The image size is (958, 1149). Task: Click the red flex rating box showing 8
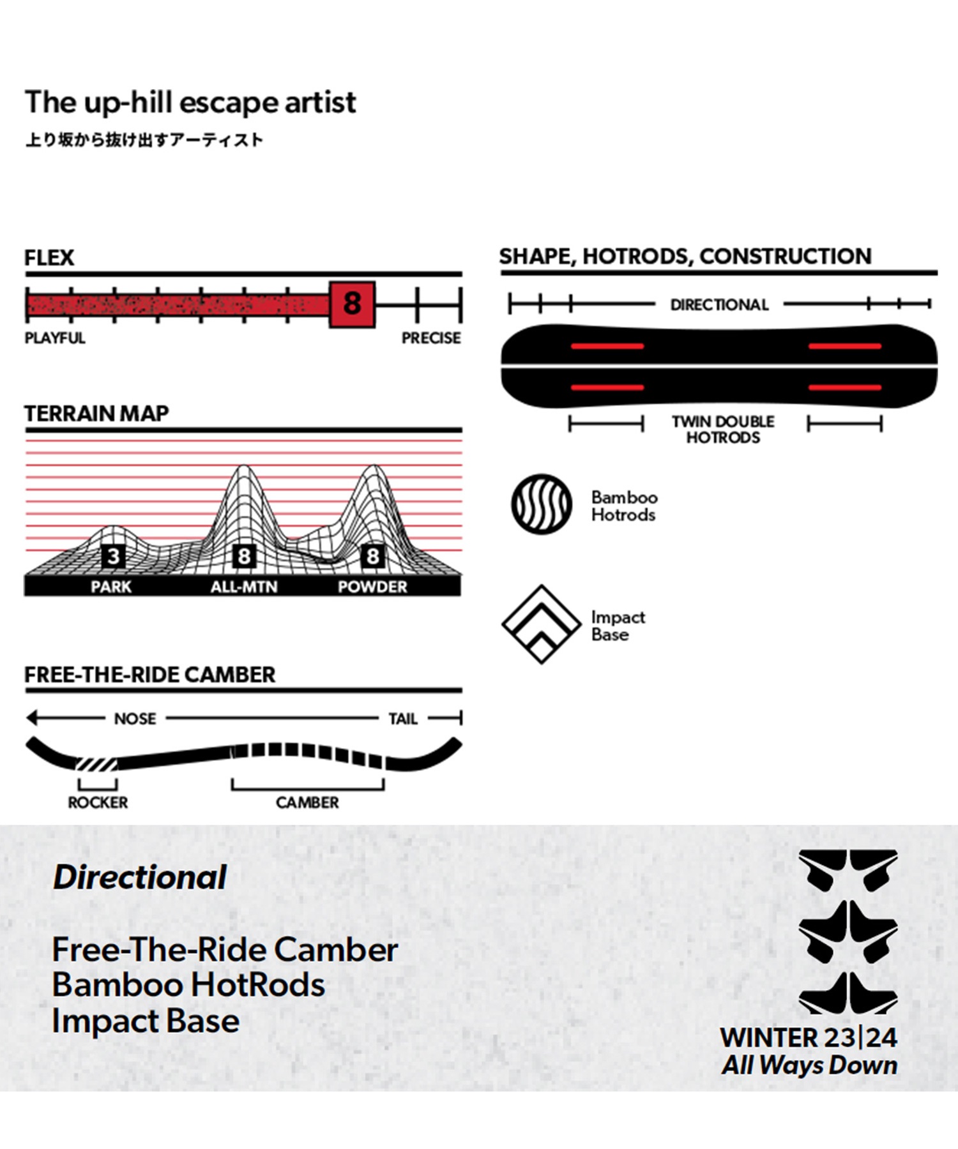352,304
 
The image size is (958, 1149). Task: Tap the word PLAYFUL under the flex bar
55,338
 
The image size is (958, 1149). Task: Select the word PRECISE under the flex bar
431,338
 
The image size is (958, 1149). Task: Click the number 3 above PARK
113,557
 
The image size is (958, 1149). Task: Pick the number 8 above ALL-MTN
243,557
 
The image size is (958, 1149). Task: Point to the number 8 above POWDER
372,557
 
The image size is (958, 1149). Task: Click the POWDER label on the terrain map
372,587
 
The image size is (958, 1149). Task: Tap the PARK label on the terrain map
111,587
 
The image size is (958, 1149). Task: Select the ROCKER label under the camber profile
98,802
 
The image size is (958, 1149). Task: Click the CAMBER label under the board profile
307,802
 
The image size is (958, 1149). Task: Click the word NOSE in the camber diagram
135,719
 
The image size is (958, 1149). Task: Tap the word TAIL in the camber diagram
403,719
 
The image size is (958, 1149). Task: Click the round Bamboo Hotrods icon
542,504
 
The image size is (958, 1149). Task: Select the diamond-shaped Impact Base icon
541,624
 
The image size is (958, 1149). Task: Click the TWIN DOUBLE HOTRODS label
723,430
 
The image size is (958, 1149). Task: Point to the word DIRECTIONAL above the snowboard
720,305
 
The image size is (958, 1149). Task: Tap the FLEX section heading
49,258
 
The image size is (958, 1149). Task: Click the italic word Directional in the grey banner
140,877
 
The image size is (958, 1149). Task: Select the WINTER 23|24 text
809,1037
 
